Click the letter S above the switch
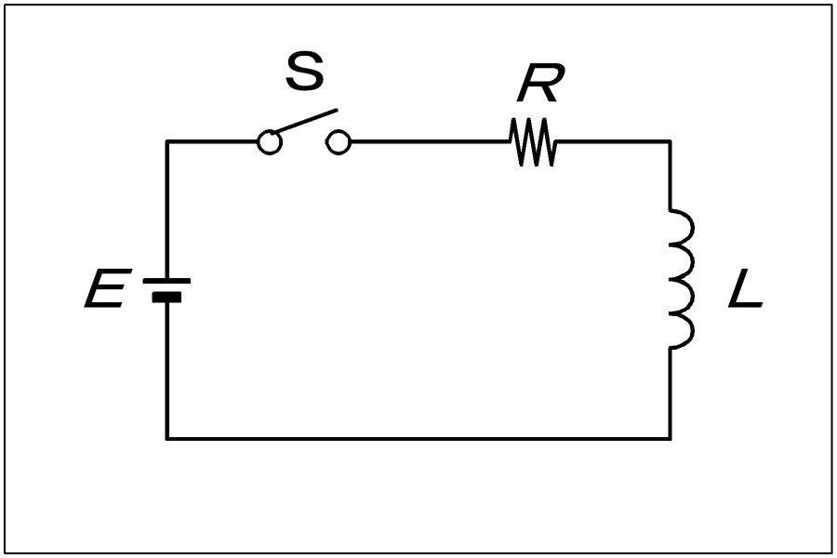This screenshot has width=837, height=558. (305, 71)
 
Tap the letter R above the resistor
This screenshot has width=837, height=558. (540, 83)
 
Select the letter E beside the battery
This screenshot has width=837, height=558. (108, 288)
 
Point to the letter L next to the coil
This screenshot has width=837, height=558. (746, 289)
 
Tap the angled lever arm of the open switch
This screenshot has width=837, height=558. (305, 121)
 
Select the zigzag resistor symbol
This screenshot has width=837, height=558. (533, 142)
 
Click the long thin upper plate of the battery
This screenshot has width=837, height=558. (166, 280)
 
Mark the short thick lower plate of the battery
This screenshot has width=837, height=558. (166, 298)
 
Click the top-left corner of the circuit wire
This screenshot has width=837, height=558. (167, 141)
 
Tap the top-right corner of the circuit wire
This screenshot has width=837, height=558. (671, 141)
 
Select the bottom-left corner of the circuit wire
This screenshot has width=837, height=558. (167, 438)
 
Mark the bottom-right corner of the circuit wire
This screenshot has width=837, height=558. (671, 438)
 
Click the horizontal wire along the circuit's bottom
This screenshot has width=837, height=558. (418, 438)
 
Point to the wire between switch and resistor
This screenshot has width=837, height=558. (431, 141)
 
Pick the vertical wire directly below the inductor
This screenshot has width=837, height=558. (671, 393)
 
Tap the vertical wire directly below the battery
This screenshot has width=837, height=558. (167, 371)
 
